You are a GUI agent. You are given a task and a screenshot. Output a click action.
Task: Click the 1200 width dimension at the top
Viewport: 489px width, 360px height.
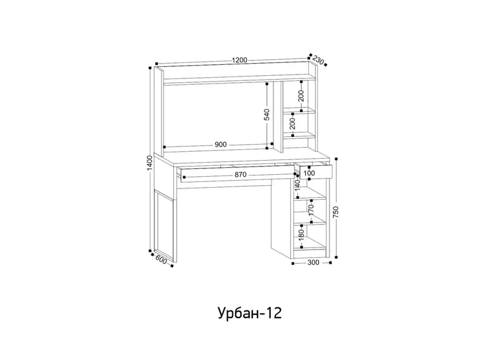coord(239,60)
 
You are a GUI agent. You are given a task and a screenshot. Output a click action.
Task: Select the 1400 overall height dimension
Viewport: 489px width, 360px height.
coord(150,163)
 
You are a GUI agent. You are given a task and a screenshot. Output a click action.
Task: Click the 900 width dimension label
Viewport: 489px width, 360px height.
coord(221,144)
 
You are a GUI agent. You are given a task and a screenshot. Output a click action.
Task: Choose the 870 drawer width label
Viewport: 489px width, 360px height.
coord(241,175)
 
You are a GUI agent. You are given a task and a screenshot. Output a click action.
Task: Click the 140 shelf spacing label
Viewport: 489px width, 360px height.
coord(297,185)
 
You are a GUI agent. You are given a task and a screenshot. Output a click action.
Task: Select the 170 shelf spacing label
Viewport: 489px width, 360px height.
coord(311,209)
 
